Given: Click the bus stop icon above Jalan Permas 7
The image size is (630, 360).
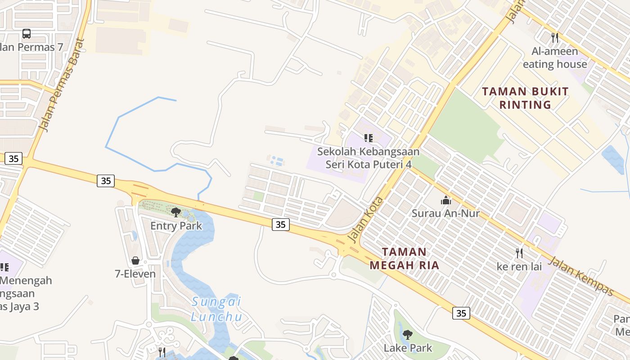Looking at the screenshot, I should pos(27,34).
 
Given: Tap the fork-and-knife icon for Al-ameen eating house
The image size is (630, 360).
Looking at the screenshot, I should pos(555,37).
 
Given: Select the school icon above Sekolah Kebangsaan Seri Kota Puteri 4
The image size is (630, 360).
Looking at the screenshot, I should pos(369,138).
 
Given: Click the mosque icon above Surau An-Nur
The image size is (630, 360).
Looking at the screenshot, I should pos(446,200).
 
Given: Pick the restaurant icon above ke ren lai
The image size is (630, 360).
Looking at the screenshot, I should pos(519,253).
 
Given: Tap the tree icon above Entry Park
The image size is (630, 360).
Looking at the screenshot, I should pos(176,212).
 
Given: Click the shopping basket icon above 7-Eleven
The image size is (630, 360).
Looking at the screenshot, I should pos(135,261).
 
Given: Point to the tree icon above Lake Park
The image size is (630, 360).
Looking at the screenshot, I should pos(408,334).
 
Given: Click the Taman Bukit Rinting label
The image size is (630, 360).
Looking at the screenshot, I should pos(526,98).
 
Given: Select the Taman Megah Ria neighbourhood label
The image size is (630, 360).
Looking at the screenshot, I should pos(404,258).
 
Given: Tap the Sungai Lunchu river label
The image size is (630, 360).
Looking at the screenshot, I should pos(216,309).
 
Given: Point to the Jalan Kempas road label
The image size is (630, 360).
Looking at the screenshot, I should pos(581,276).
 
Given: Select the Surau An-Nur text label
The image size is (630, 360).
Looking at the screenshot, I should pos(446,213).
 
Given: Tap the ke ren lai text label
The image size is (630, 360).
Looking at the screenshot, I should pos(519,266).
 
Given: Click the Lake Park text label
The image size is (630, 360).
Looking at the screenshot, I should pos(408,348).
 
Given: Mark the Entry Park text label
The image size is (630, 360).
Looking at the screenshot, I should pos(176,225).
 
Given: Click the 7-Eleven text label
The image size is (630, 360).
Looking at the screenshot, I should pos(135,274).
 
